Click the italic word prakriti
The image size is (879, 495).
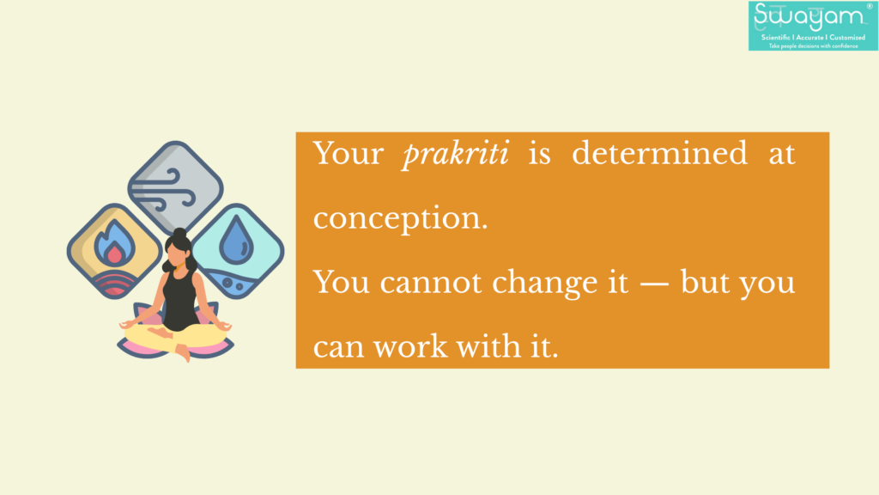click(455, 154)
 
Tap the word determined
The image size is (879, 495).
click(659, 153)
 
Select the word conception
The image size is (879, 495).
click(400, 219)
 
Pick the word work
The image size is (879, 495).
click(410, 347)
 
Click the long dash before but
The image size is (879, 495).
click(654, 284)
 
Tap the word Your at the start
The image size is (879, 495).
click(349, 153)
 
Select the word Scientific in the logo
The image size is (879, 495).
click(775, 38)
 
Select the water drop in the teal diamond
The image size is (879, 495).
click(236, 241)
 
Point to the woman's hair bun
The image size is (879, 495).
click(179, 234)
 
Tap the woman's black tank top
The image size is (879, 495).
click(179, 300)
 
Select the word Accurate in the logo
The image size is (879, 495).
click(809, 38)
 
